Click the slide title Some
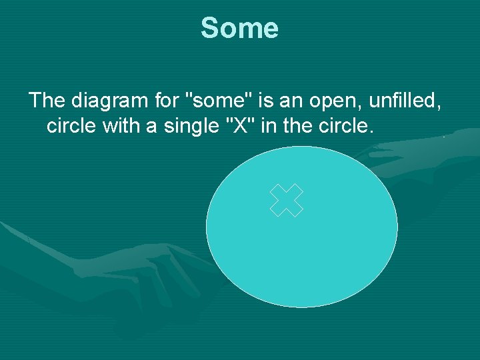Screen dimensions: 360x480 (x=239, y=29)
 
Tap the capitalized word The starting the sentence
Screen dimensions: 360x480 (x=46, y=101)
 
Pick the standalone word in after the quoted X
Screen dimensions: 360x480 (x=268, y=126)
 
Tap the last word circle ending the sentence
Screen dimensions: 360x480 (x=342, y=126)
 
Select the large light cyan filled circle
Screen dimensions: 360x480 (x=301, y=260)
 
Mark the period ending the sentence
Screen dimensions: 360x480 (x=370, y=131)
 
